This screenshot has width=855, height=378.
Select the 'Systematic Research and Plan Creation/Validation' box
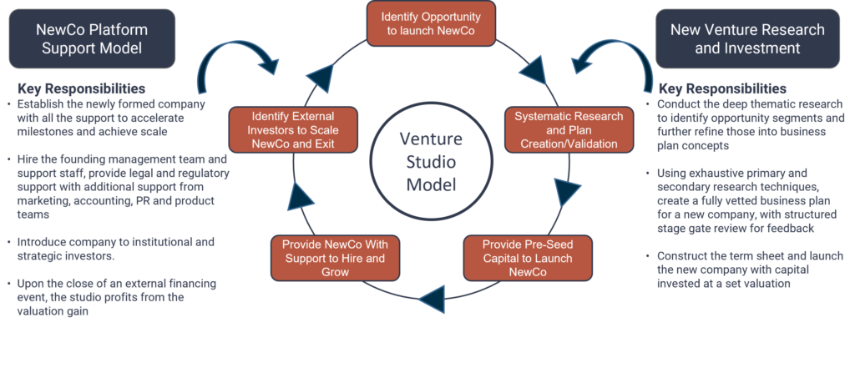coord(569,129)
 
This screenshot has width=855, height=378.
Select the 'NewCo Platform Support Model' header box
coord(92,38)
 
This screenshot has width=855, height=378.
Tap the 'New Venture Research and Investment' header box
coord(747,38)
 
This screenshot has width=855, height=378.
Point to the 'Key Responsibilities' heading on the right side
coord(722,89)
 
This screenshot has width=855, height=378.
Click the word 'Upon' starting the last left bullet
coord(31,284)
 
